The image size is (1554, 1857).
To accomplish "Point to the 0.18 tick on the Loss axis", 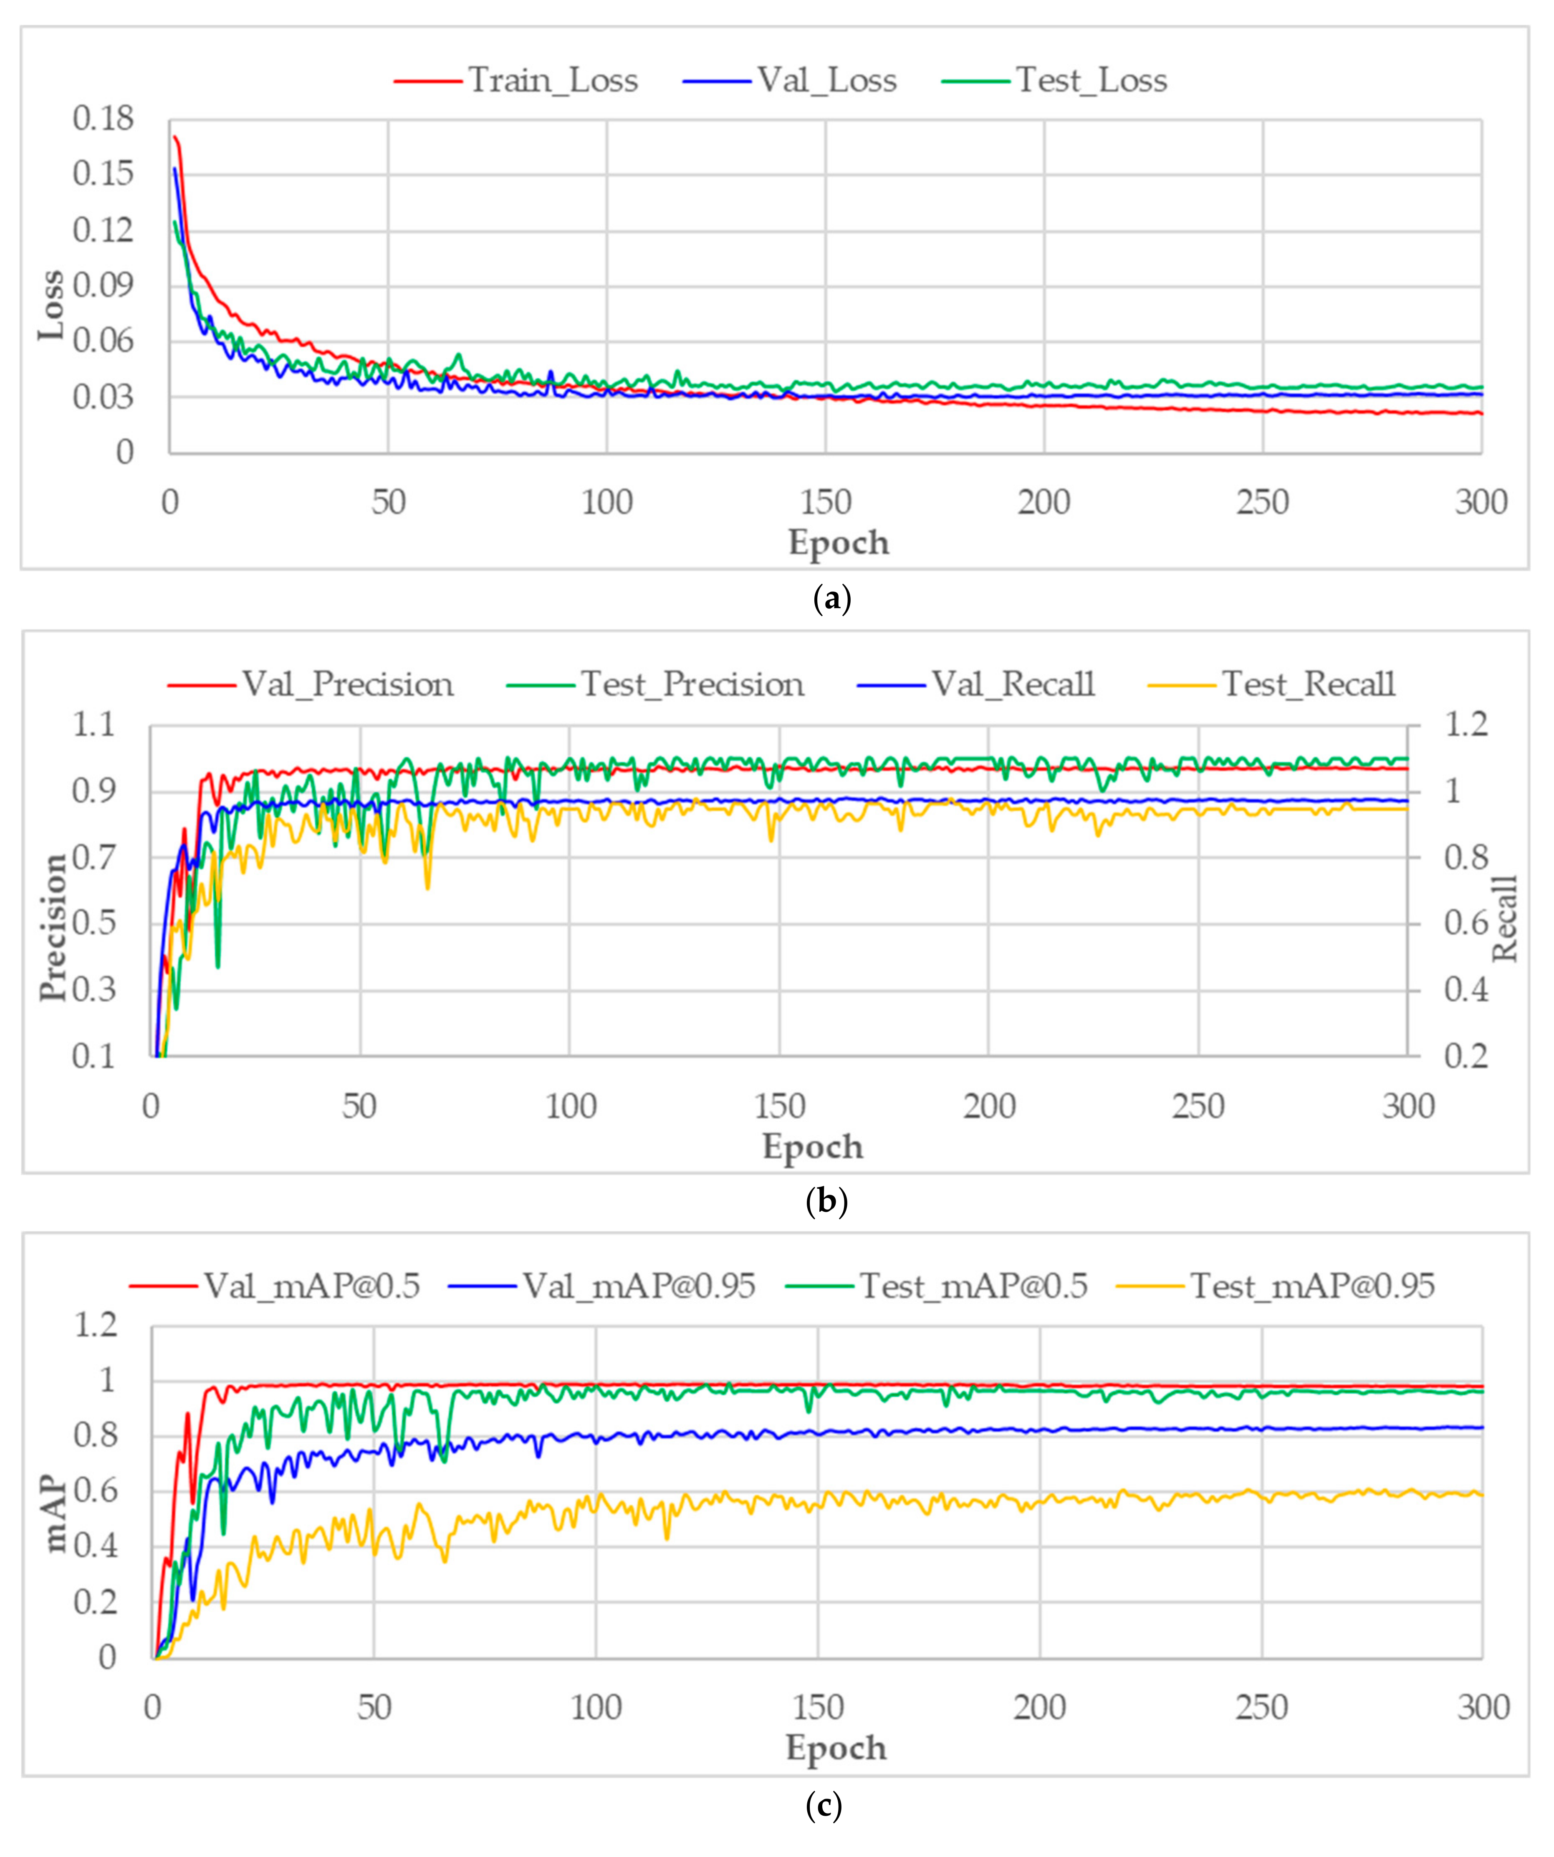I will click(103, 119).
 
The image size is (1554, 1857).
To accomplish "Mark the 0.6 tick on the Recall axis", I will click(1466, 923).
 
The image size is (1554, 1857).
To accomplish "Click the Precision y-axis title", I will click(53, 927).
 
